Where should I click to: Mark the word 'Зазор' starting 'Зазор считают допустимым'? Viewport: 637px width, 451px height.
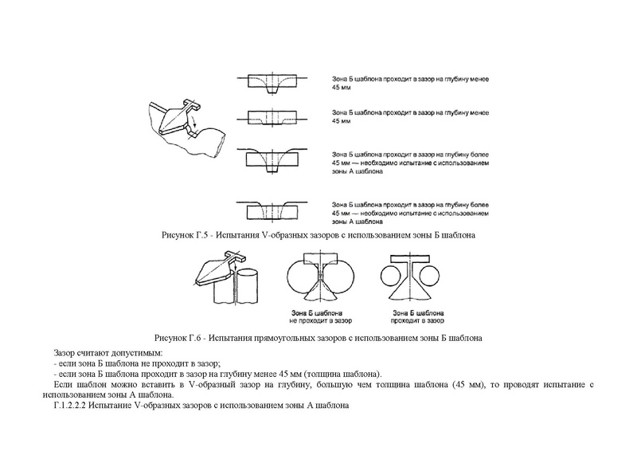coord(65,352)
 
